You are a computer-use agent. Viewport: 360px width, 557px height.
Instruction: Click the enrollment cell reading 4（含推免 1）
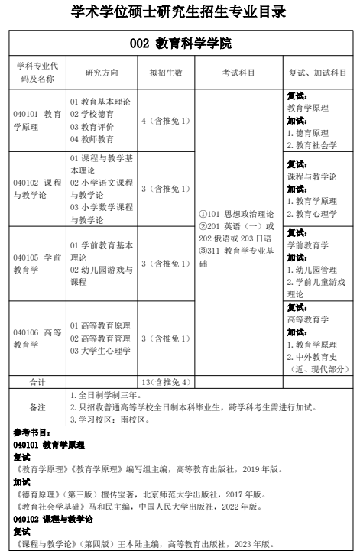tap(165, 121)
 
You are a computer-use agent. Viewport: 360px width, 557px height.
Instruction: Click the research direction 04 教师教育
tap(92, 139)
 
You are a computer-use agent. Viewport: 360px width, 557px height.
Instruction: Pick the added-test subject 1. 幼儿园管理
tap(312, 270)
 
